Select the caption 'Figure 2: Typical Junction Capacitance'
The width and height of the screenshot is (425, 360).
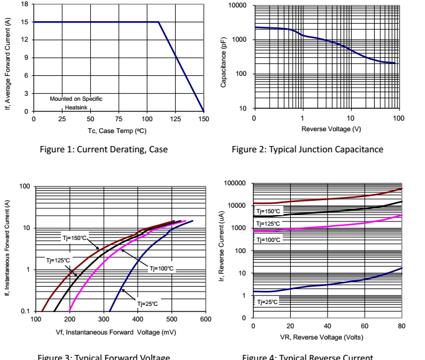(307, 149)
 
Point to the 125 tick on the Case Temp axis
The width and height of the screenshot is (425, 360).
(176, 118)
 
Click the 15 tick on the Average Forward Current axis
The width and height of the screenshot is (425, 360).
(25, 22)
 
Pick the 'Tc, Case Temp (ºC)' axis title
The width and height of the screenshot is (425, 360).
(117, 131)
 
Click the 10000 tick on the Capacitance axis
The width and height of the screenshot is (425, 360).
(238, 6)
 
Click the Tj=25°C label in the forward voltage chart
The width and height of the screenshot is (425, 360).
(148, 303)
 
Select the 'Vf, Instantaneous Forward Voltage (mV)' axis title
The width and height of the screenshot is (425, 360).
(121, 332)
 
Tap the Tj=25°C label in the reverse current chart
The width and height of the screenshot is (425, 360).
(267, 302)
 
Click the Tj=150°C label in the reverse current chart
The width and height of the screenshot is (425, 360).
(268, 211)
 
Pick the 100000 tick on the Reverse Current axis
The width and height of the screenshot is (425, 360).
(235, 183)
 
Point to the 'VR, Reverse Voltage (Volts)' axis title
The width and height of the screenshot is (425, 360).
(327, 338)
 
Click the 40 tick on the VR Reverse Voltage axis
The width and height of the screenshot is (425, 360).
(327, 326)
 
